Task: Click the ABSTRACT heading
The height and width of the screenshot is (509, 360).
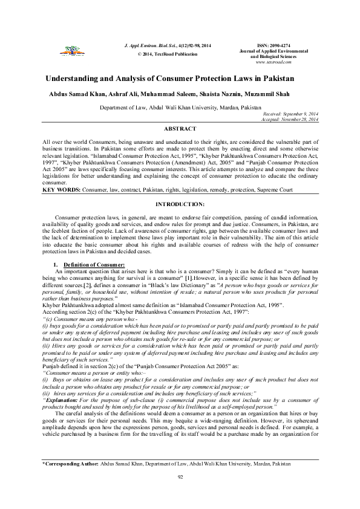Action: coord(180,129)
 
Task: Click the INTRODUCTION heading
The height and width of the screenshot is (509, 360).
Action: coord(180,205)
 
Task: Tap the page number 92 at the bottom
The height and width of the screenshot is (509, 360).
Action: coord(180,494)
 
